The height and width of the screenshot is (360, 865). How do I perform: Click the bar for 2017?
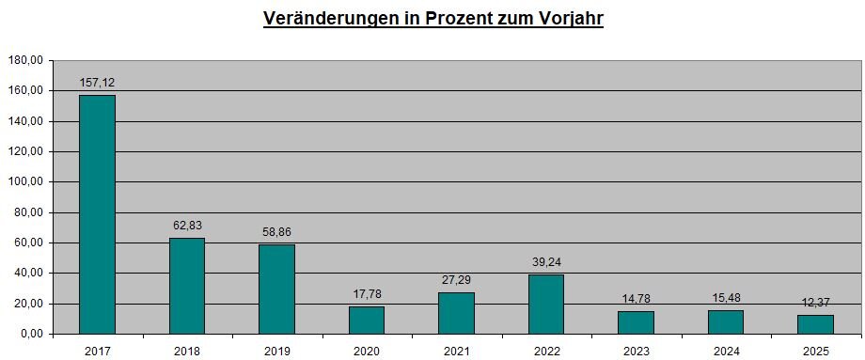97,214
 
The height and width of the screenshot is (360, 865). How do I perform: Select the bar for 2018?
187,286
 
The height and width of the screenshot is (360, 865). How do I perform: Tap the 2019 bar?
277,290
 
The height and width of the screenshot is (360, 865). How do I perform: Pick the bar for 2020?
367,321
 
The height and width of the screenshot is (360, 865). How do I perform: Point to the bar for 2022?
546,305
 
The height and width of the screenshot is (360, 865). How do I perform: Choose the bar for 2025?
815,324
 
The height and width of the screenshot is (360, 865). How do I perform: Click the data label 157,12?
97,83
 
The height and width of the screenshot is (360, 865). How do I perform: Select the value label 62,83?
187,226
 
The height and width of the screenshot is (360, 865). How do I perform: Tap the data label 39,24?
546,262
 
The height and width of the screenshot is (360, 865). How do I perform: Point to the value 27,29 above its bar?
457,280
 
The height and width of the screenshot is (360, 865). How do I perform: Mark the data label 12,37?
816,303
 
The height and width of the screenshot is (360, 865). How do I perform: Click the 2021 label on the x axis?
457,352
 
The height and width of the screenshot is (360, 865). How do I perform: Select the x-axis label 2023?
637,352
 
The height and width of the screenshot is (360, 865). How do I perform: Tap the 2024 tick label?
726,352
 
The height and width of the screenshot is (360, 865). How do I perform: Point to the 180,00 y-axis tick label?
27,61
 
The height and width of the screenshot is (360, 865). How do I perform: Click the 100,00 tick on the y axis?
27,182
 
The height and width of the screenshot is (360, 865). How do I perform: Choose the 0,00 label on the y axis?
33,334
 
